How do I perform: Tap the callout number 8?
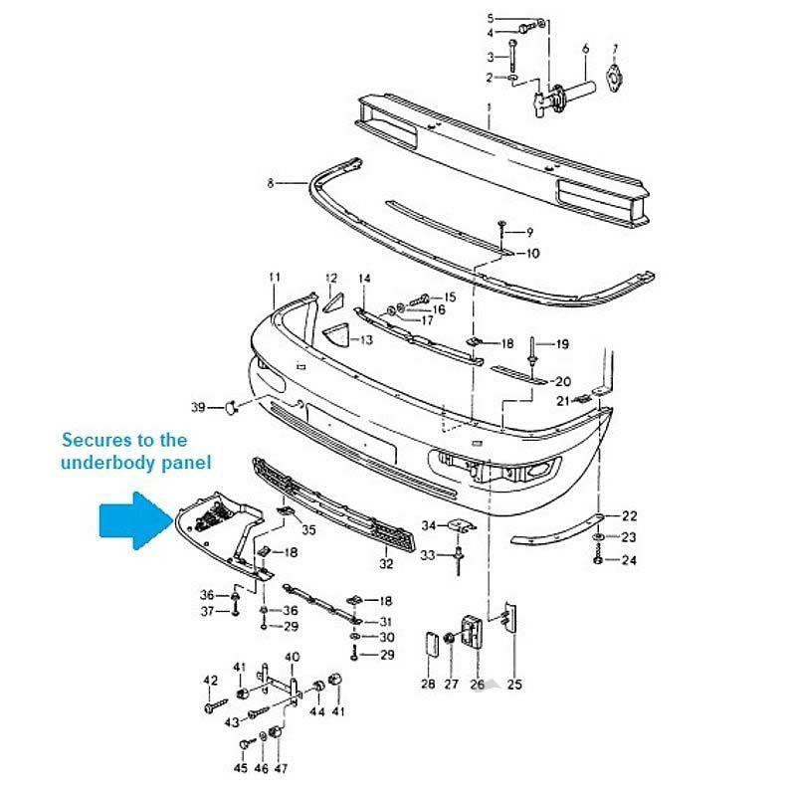pos(271,183)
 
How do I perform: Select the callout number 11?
pos(275,277)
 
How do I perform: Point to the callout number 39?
pos(198,407)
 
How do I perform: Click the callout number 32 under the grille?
pos(386,564)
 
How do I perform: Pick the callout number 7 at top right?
pos(615,49)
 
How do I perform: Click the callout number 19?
pos(562,344)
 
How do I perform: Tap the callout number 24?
pos(630,560)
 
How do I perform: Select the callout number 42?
pos(210,681)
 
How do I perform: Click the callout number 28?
pos(428,684)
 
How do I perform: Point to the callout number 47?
pos(282,769)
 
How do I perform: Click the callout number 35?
pos(308,530)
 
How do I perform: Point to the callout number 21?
pos(562,401)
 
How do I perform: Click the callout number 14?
pos(364,279)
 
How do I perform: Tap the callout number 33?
pos(428,554)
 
